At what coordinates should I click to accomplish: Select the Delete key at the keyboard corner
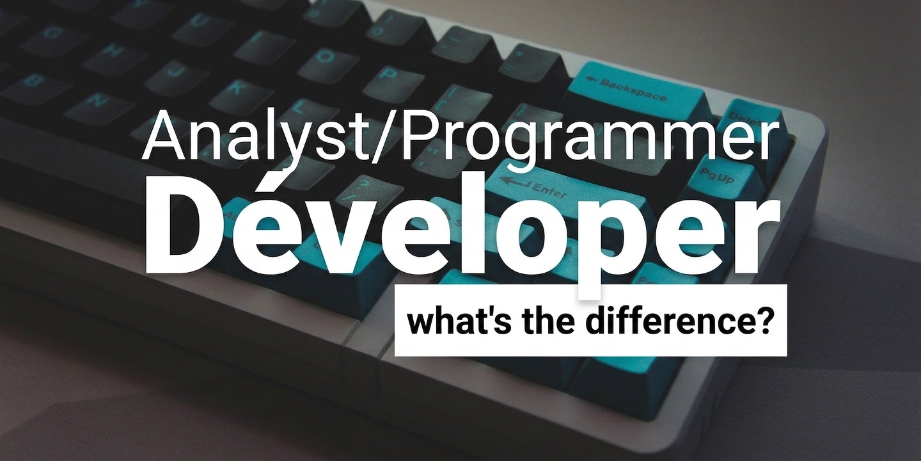click(752, 116)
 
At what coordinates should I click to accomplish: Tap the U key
click(200, 21)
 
